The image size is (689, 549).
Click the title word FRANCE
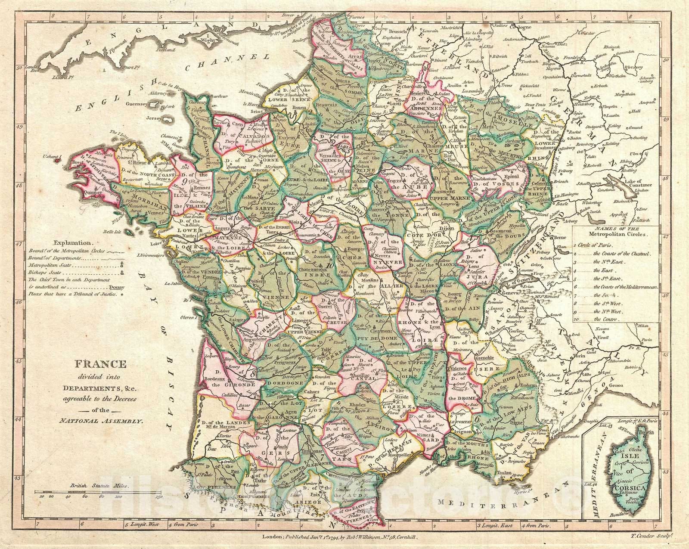coord(101,364)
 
